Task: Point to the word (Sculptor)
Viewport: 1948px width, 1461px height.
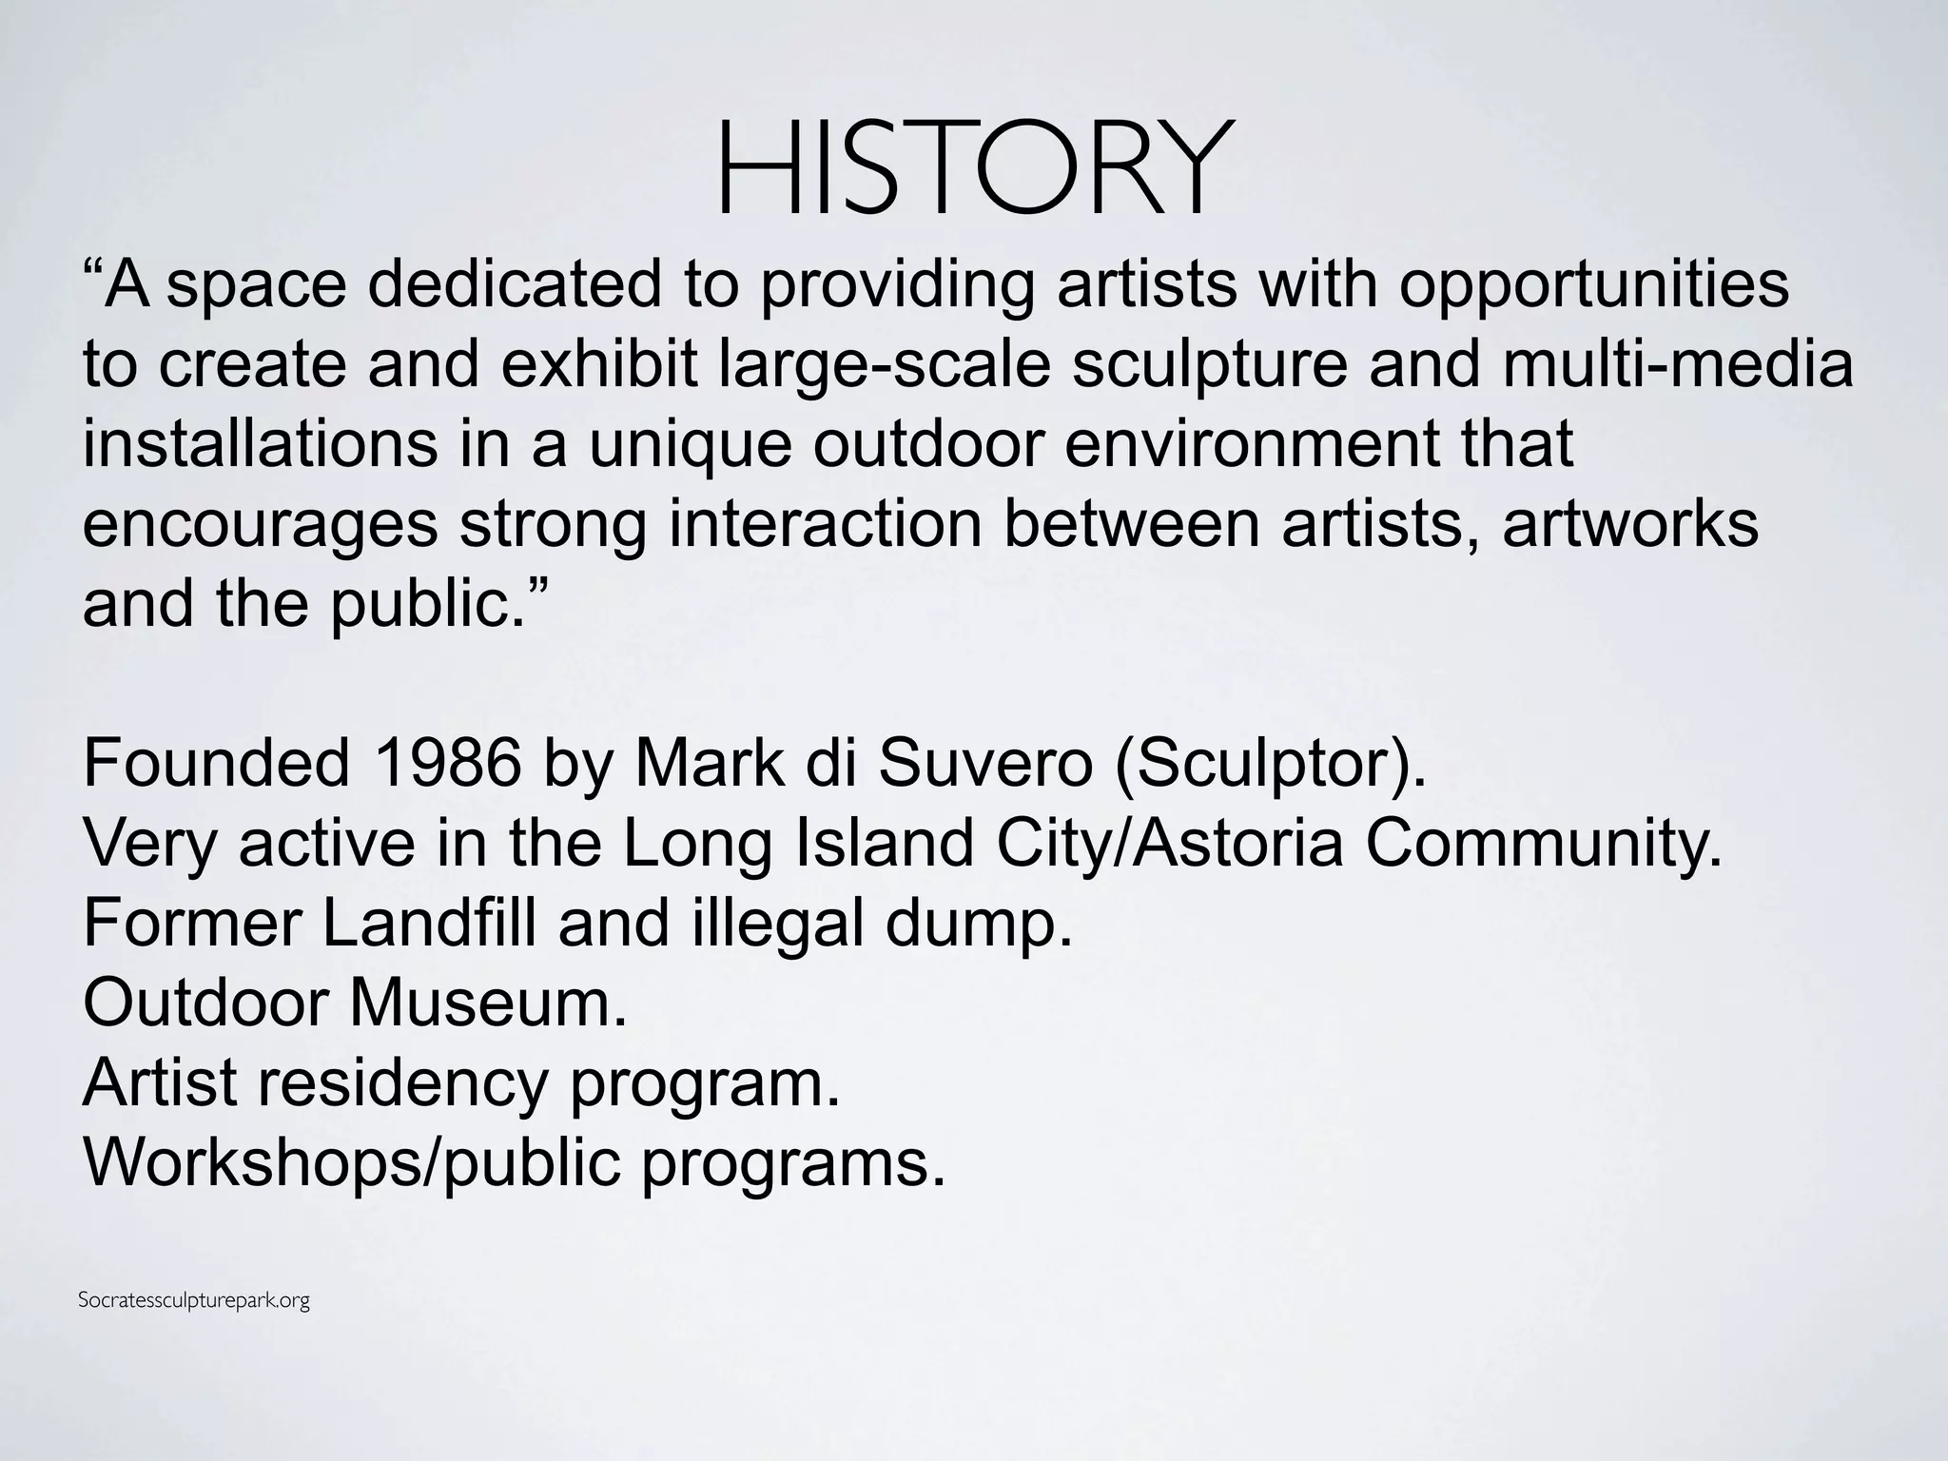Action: click(1269, 765)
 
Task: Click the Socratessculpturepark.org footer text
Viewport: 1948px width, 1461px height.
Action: click(194, 1300)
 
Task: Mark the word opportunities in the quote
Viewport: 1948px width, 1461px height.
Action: click(1594, 285)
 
